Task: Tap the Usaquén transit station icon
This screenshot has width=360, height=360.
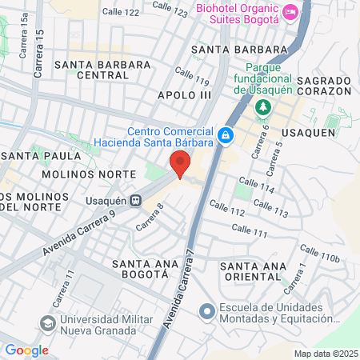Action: click(x=137, y=200)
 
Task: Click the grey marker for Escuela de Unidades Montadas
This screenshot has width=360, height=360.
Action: click(x=206, y=310)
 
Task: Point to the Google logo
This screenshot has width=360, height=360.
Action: click(x=26, y=350)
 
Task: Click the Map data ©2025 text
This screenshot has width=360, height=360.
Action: click(x=324, y=353)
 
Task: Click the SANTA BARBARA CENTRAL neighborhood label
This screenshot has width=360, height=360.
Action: click(x=91, y=70)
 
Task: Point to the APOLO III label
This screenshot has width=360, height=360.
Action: click(x=185, y=95)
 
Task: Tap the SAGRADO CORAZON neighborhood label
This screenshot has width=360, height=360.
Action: click(x=325, y=87)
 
